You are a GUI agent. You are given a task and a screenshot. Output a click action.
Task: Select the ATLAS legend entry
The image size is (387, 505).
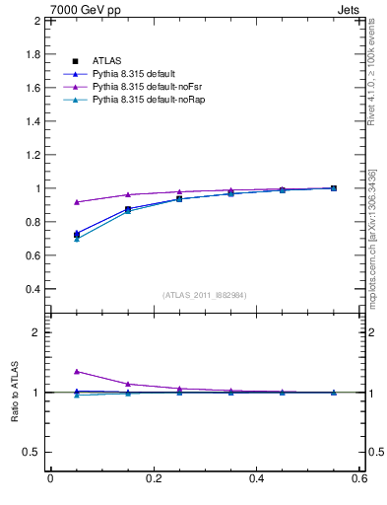tap(106, 60)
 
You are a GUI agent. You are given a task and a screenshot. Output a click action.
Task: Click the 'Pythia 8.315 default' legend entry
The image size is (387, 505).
tap(133, 73)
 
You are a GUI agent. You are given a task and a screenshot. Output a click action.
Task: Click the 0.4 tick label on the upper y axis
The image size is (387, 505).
tap(32, 289)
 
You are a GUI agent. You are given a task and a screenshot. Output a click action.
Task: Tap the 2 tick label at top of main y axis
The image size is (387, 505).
tap(36, 21)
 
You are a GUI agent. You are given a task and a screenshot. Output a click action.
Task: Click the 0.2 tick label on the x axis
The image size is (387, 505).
tap(153, 479)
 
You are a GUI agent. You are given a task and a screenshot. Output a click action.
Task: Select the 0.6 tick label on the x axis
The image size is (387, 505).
tap(359, 479)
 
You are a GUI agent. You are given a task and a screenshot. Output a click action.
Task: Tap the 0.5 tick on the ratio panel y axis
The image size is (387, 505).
tap(32, 452)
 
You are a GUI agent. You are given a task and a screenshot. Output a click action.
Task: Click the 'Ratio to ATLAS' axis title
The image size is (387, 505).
tap(14, 393)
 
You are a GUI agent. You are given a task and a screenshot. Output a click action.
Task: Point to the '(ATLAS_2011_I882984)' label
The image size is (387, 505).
tap(205, 294)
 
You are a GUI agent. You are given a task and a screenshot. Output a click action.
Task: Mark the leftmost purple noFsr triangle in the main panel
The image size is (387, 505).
tap(77, 202)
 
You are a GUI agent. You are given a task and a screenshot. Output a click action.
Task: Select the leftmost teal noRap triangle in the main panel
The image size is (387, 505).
tap(77, 239)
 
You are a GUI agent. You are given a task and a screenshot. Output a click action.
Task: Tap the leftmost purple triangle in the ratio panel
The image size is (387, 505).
tap(77, 371)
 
